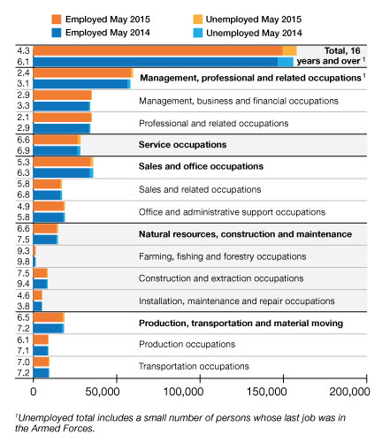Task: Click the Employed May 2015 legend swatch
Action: coord(57,19)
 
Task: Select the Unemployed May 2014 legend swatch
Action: coord(198,33)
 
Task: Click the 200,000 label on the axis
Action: coord(349,392)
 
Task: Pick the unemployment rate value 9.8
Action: coord(23,262)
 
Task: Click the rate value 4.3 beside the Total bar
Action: coord(23,50)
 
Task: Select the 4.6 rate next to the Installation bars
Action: coord(23,295)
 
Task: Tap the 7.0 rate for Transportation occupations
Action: coord(23,362)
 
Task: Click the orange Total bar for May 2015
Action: coord(158,50)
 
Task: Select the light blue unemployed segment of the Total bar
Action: coord(286,62)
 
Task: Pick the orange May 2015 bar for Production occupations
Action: coord(41,339)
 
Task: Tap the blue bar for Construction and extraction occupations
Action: coord(40,284)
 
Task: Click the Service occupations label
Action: coord(183,145)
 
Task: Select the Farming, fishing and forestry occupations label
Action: coord(223,256)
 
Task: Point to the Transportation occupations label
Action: coord(194,366)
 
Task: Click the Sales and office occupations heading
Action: coord(201,166)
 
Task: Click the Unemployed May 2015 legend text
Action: coord(254,19)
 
